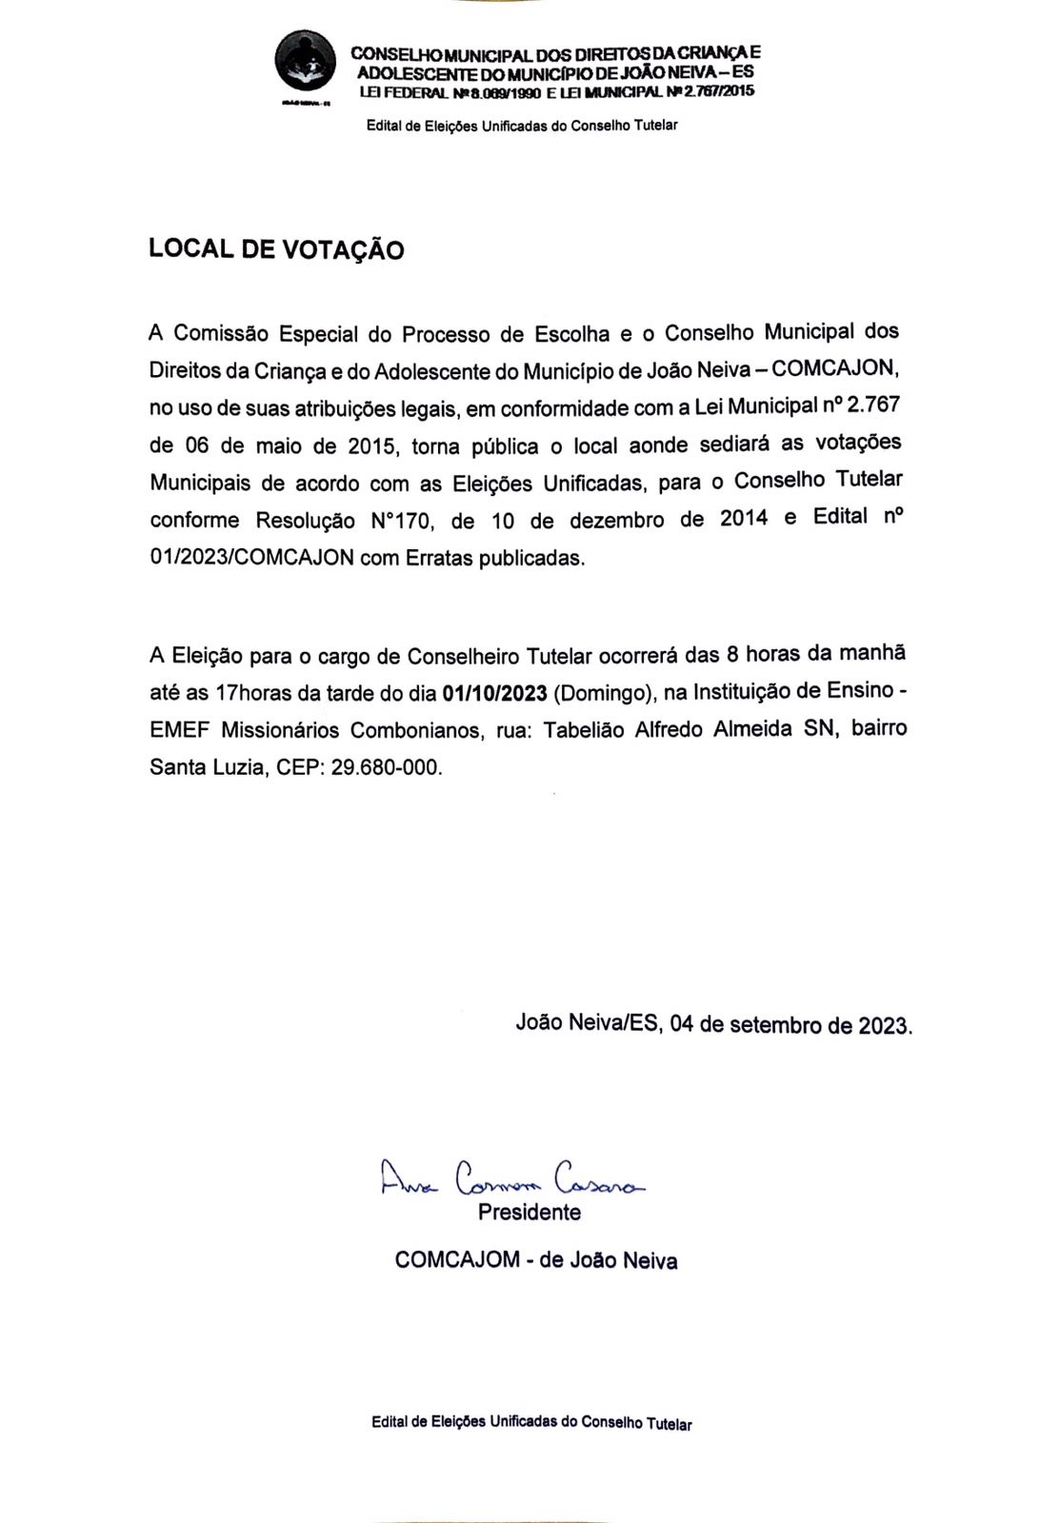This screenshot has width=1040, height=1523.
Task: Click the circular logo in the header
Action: (x=305, y=60)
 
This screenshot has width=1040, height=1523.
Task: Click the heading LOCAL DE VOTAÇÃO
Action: (x=276, y=249)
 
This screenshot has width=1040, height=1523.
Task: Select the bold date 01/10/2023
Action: (x=501, y=692)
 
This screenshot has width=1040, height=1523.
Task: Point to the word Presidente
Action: (x=530, y=1213)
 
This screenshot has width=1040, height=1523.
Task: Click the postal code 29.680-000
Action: (x=387, y=767)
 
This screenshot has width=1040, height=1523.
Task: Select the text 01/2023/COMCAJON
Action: (x=251, y=558)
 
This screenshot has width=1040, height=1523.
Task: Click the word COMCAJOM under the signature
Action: (x=457, y=1260)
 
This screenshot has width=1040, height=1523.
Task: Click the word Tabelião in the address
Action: (x=584, y=730)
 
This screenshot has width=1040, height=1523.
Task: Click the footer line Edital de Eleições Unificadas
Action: (x=531, y=1423)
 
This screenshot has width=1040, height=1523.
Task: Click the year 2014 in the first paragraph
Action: (x=744, y=519)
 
